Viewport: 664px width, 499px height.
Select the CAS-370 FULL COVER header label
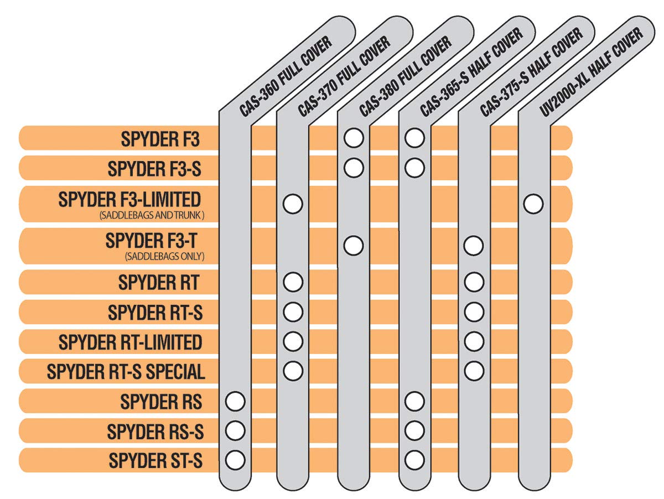(344, 76)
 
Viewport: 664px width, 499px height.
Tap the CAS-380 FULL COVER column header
(406, 76)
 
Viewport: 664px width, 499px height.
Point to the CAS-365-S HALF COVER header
(471, 72)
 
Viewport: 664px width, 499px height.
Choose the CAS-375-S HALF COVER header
(531, 72)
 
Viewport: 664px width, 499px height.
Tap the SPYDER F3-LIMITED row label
(129, 199)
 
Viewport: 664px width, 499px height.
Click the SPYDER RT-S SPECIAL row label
(126, 371)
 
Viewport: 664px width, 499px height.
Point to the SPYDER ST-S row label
(155, 460)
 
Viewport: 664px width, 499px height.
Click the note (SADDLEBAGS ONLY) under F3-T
(165, 256)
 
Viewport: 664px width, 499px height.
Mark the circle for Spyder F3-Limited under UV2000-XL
(533, 204)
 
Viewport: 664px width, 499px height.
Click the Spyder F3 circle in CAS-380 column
(354, 138)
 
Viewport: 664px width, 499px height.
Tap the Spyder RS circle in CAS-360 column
(235, 401)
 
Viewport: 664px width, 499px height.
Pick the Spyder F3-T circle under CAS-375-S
(474, 245)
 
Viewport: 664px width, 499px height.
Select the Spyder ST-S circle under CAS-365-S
(414, 459)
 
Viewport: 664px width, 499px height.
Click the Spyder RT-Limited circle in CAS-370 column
(293, 341)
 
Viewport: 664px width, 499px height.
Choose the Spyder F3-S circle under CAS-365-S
(414, 167)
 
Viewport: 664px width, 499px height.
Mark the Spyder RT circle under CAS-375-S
(474, 282)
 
